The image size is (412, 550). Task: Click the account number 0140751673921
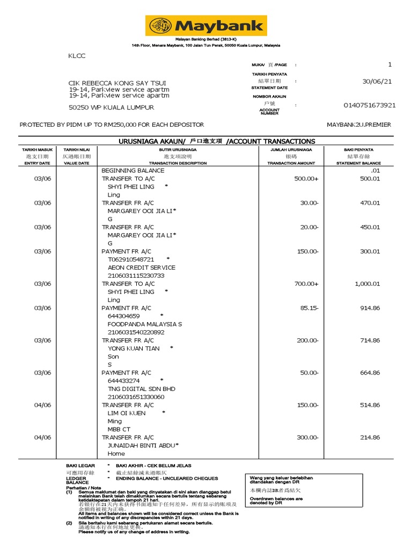[x=370, y=105]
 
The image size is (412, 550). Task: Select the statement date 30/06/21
[x=377, y=81]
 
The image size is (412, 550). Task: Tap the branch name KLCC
[x=77, y=56]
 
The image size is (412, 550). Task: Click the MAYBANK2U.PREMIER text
[x=359, y=125]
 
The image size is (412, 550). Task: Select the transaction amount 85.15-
[x=306, y=308]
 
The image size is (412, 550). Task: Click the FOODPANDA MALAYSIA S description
[x=144, y=324]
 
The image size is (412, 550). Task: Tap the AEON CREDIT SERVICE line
[x=141, y=267]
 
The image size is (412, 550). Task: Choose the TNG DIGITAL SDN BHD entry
[x=141, y=389]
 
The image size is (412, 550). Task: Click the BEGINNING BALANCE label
[x=133, y=170]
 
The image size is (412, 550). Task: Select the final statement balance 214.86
[x=370, y=437]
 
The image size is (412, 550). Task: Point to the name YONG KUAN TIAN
[x=134, y=349]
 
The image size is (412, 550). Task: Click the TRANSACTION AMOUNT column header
[x=291, y=163]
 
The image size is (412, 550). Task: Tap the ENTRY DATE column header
[x=37, y=163]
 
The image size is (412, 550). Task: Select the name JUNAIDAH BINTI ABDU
[x=141, y=445]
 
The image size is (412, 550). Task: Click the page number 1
[x=390, y=64]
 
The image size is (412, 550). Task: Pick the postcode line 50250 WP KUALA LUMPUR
[x=111, y=107]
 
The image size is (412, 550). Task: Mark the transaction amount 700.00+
[x=306, y=284]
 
